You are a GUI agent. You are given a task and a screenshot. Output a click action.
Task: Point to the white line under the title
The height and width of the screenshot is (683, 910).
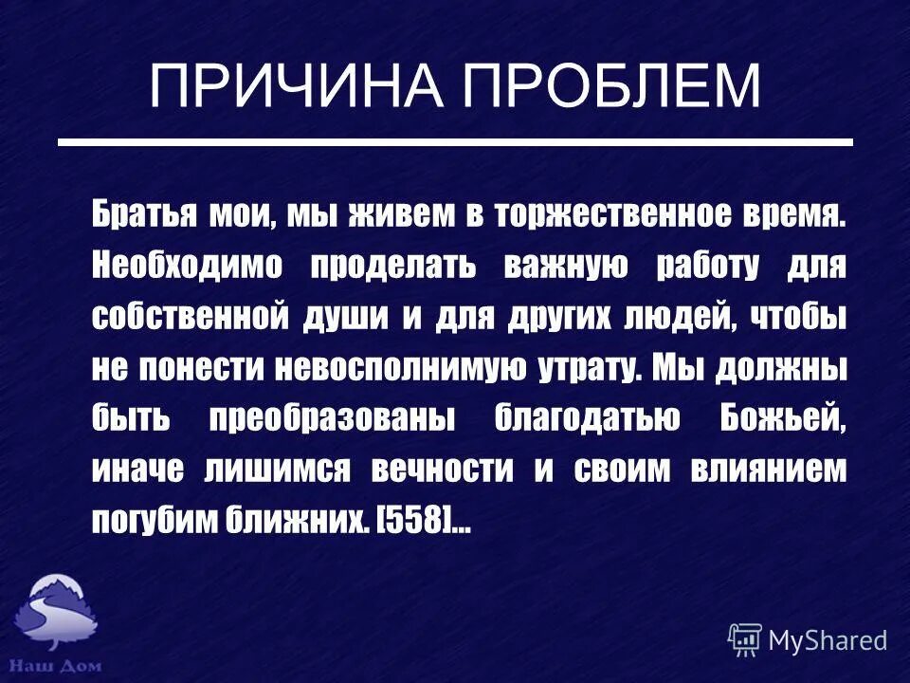tap(455, 142)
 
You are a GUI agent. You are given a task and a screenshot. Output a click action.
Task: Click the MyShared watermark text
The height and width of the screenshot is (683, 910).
tap(828, 639)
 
